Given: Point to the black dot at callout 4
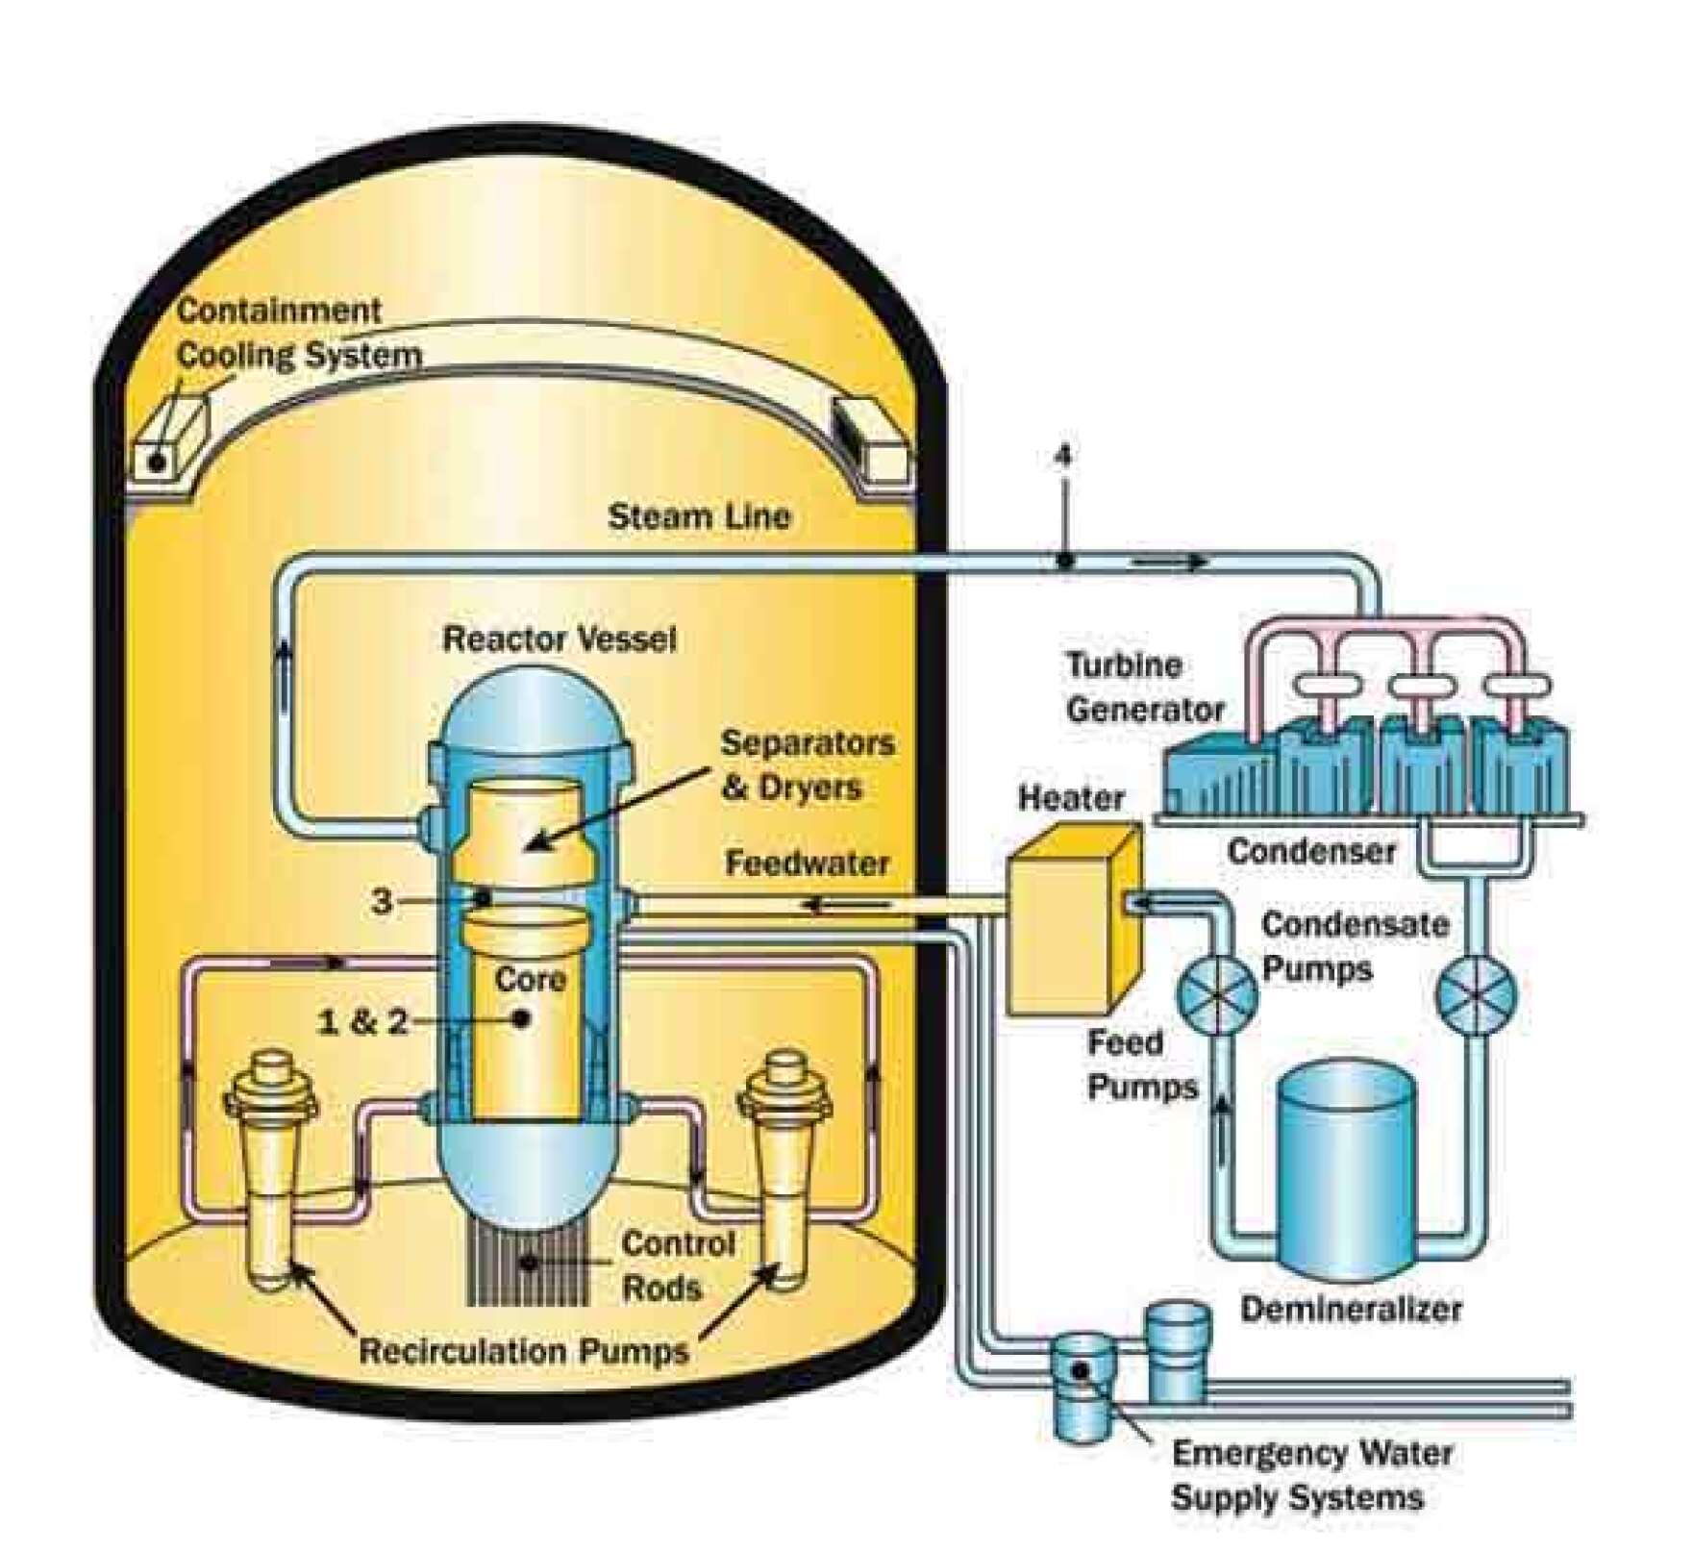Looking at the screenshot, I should [x=1064, y=559].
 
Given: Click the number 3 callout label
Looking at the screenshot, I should [x=383, y=901].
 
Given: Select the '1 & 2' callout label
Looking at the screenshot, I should [x=362, y=1021].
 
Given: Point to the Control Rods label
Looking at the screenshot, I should [x=677, y=1265].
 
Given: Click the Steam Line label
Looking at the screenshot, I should [x=699, y=516].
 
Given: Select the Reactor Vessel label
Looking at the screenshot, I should [x=559, y=638].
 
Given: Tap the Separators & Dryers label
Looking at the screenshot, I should [x=807, y=764].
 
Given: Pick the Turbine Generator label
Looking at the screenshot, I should [x=1144, y=688].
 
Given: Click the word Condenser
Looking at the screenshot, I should [x=1311, y=850].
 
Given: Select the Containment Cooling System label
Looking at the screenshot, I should [x=298, y=333].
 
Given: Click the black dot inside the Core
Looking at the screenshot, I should [x=522, y=1017].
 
